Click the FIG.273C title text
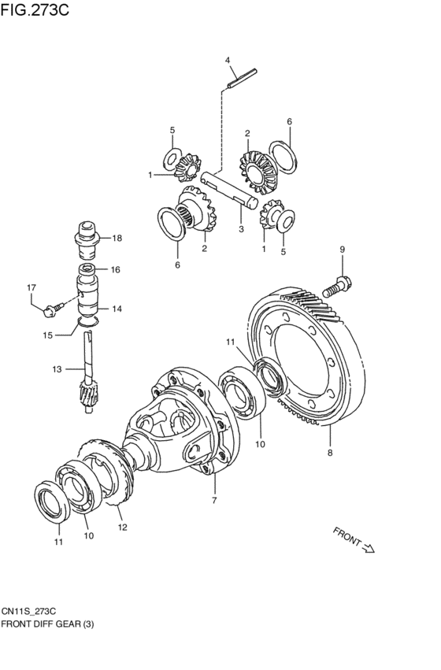[35, 9]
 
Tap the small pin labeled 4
[243, 78]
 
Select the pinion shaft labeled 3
[229, 191]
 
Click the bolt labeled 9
[337, 287]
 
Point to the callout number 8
[330, 453]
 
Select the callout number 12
[123, 527]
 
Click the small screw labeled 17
[54, 309]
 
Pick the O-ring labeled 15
[88, 322]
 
